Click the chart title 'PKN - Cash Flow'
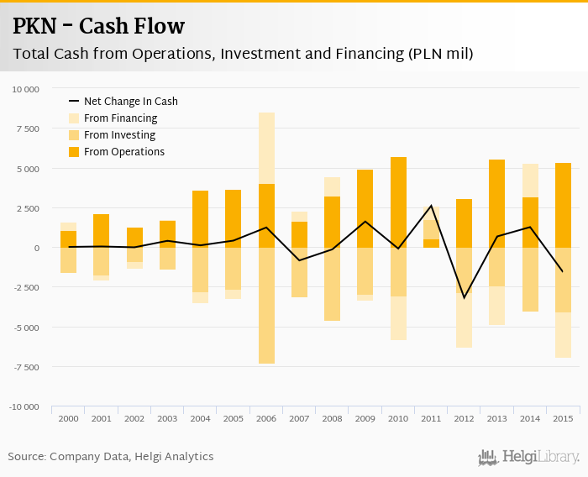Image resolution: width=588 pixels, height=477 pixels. coord(98,27)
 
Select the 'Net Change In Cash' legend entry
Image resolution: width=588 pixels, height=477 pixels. coord(130,102)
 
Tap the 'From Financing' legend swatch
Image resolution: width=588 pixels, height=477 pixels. coord(74,118)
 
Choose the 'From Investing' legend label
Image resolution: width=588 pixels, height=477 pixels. coord(119,135)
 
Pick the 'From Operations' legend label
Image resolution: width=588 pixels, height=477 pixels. coord(124,152)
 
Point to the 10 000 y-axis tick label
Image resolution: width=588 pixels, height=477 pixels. coord(25,89)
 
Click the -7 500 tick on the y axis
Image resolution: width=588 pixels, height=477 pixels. coord(25,367)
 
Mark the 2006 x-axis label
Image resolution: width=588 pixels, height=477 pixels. coord(266,418)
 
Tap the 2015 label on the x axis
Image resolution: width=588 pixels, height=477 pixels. coord(563,418)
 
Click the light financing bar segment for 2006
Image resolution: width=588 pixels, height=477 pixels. coord(266,148)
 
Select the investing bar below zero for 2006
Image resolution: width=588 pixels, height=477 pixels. coord(266,306)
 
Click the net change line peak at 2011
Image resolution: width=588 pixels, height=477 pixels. coord(431,206)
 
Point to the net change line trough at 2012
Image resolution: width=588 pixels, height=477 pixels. coord(464,297)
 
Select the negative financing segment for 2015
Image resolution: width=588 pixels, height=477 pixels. coord(563,335)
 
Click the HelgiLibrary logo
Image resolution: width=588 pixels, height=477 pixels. coord(528,457)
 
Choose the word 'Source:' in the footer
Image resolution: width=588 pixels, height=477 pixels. coord(27,457)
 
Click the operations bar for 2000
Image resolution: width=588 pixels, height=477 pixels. coord(68,239)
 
